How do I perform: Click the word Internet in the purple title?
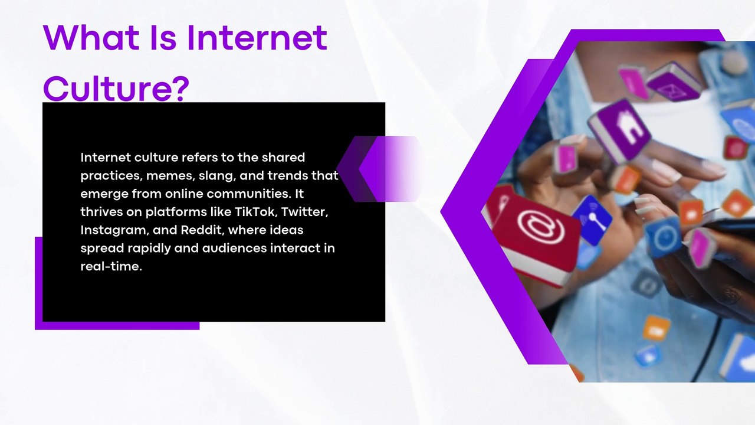coord(256,37)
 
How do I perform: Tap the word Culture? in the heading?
coord(116,89)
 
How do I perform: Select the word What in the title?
coord(91,37)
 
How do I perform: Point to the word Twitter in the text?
coord(305,212)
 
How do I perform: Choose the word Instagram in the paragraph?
coord(114,230)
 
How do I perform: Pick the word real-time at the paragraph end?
coord(111,266)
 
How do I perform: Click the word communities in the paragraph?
coord(248,194)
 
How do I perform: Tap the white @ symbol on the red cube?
coord(541,226)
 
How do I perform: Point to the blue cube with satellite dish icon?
coord(592,219)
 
